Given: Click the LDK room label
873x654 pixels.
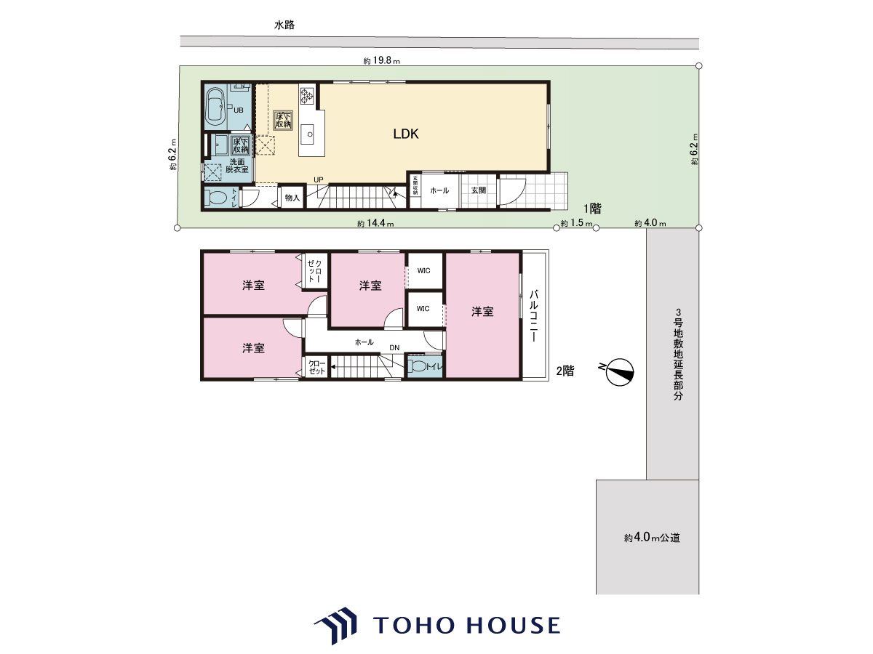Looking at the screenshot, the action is [x=406, y=134].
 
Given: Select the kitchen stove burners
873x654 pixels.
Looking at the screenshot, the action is [x=307, y=96].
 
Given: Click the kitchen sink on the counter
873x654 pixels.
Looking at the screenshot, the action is [x=308, y=134].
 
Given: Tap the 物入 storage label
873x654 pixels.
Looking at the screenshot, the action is [x=292, y=198].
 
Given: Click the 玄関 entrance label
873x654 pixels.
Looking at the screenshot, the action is [x=479, y=190].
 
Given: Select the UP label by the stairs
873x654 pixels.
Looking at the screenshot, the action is [x=318, y=180].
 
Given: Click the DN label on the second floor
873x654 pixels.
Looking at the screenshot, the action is [x=394, y=348].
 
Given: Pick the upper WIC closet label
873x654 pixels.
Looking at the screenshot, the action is [x=423, y=271].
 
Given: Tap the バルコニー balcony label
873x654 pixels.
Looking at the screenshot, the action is [x=534, y=315].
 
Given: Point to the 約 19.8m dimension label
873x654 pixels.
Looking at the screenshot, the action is [x=381, y=61].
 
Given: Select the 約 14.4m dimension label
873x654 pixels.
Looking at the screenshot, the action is [x=375, y=224].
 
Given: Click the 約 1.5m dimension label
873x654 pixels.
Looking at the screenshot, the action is [x=577, y=223].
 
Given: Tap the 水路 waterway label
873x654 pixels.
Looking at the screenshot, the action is [x=284, y=25].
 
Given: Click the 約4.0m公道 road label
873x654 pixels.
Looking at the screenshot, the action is [x=652, y=538].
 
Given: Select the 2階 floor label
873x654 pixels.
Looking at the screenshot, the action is [x=565, y=371].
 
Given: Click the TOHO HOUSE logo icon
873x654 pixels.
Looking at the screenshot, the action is [x=335, y=625].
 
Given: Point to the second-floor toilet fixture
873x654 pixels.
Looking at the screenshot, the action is [x=417, y=366].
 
